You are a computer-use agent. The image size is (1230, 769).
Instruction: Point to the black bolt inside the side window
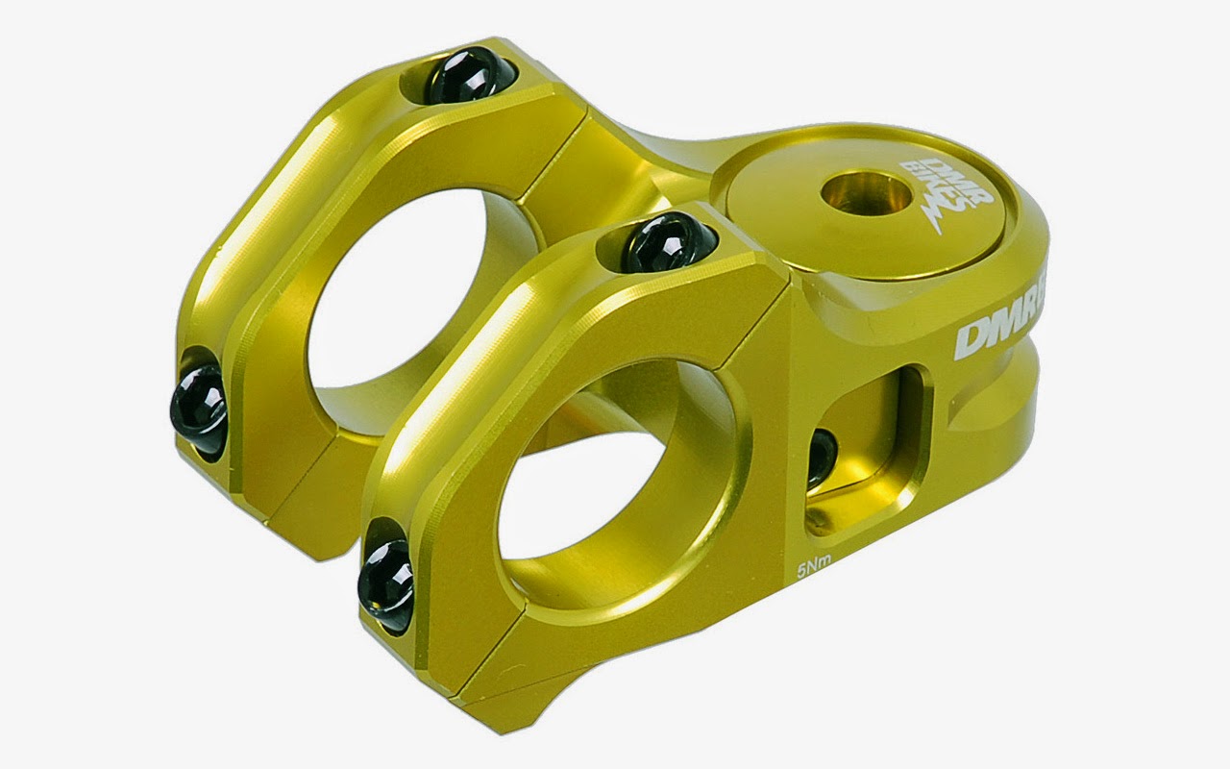point(822,459)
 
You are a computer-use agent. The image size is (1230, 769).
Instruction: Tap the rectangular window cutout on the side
point(865,452)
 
